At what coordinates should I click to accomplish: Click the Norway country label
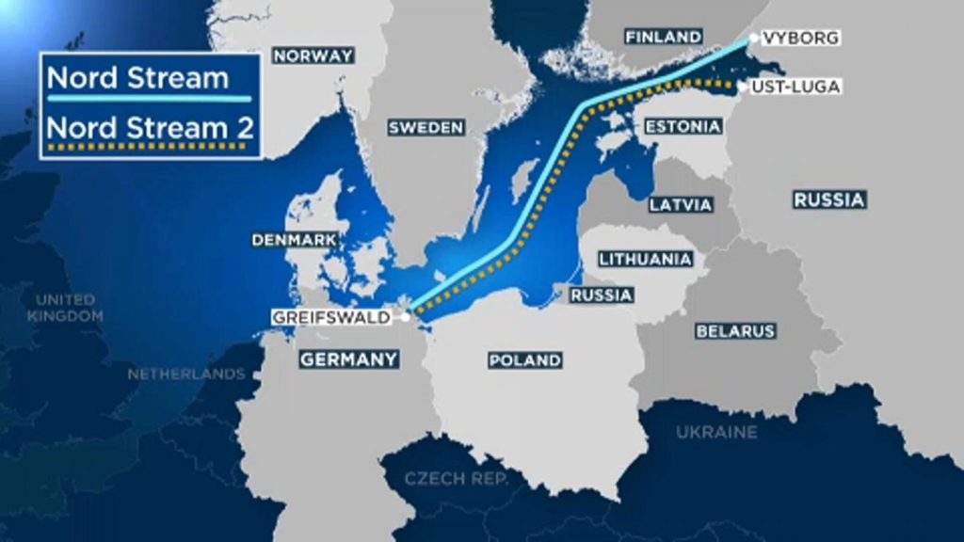tap(313, 56)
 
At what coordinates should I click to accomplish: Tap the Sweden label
tap(426, 128)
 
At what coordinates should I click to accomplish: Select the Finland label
tap(664, 37)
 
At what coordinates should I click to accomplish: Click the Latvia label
tap(681, 204)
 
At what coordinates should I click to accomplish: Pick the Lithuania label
tap(646, 258)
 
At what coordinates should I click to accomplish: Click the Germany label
tap(348, 359)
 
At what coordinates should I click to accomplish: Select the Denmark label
tap(295, 240)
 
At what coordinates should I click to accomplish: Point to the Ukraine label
tap(715, 432)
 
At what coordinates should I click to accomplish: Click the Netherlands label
tap(186, 374)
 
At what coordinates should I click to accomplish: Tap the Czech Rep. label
tap(456, 479)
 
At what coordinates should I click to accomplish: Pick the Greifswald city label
tap(331, 317)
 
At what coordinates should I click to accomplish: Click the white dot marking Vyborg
tap(754, 39)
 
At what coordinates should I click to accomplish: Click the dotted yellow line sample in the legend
tap(150, 146)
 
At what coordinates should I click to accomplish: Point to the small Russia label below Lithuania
tap(600, 295)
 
